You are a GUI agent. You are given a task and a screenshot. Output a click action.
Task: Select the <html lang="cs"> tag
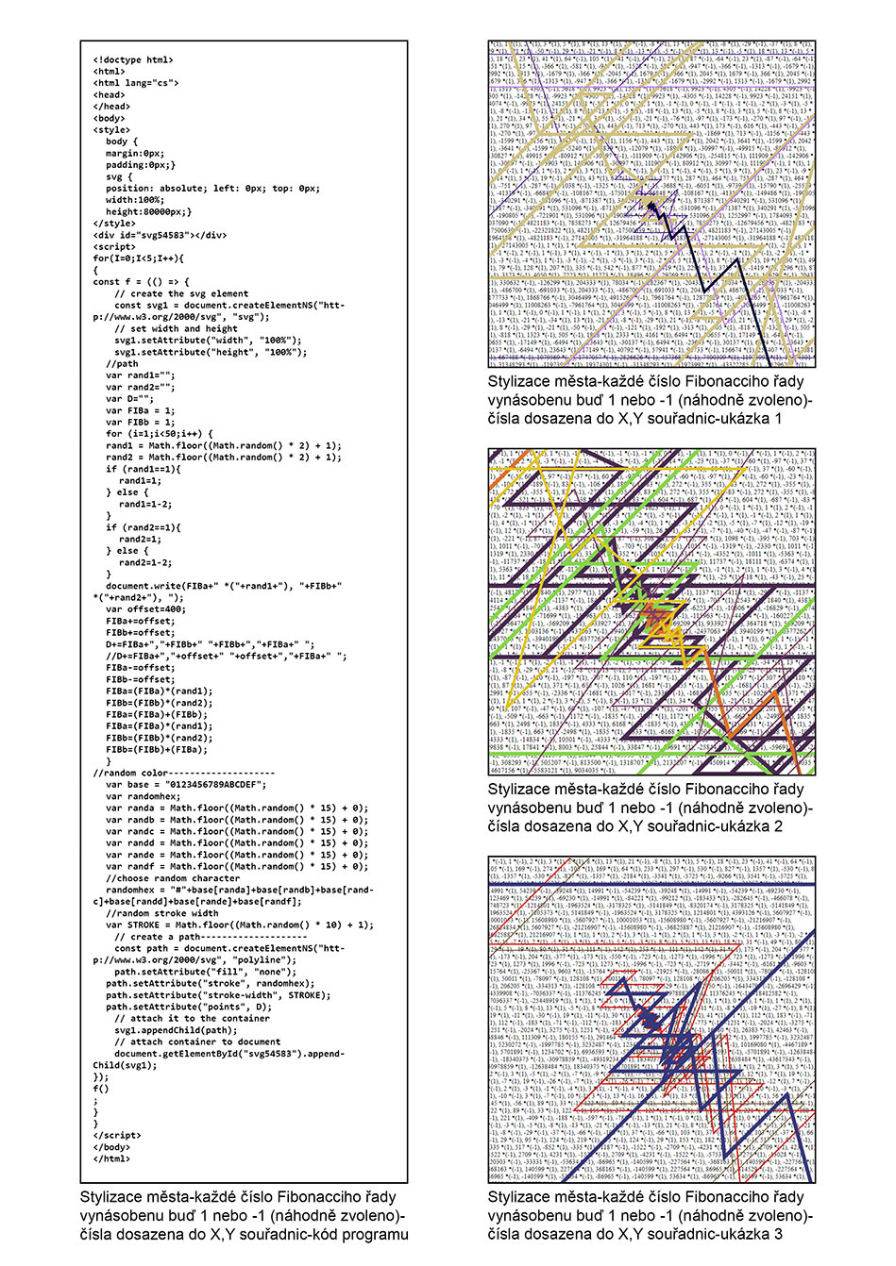pyautogui.click(x=135, y=83)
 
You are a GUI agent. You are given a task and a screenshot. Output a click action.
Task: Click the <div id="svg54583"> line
pyautogui.click(x=160, y=235)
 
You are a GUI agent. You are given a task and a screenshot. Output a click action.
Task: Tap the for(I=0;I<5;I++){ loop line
pyautogui.click(x=138, y=258)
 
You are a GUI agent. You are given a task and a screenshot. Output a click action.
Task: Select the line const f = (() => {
pyautogui.click(x=141, y=282)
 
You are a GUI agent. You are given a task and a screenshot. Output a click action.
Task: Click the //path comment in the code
pyautogui.click(x=122, y=363)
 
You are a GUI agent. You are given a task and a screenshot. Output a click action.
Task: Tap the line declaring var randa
pyautogui.click(x=236, y=808)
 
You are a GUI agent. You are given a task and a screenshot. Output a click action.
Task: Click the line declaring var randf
pyautogui.click(x=236, y=866)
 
